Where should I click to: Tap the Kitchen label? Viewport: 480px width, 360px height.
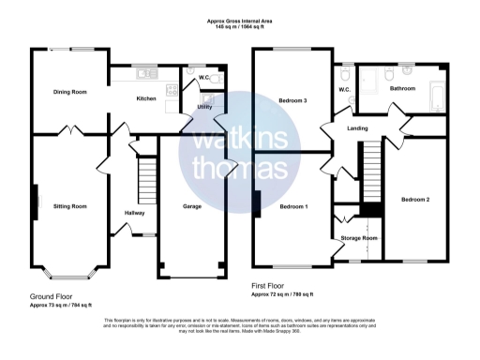146,98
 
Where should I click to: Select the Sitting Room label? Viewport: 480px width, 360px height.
70,204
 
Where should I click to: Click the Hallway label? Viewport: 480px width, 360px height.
134,213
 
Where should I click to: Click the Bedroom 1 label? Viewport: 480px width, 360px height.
292,204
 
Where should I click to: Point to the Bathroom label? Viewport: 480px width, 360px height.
403,88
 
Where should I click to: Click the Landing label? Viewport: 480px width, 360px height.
356,127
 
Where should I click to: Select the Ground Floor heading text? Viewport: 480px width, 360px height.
52,295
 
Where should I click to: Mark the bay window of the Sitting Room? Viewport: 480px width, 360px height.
66,275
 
